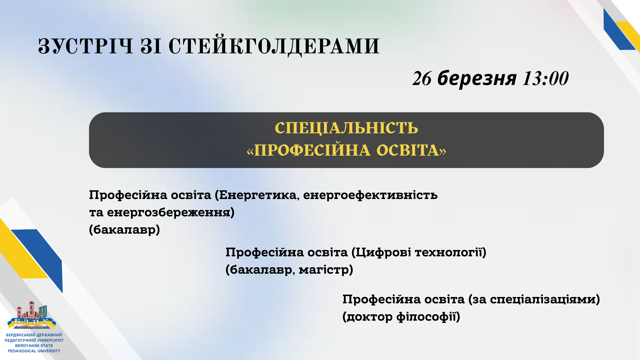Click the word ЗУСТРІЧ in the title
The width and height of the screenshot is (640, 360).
pyautogui.click(x=86, y=46)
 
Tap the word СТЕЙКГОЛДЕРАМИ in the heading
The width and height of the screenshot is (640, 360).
pyautogui.click(x=274, y=46)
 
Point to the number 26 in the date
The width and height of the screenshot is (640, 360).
pyautogui.click(x=422, y=79)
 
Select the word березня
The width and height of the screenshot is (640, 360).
pyautogui.click(x=477, y=78)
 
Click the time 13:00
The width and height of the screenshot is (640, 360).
pyautogui.click(x=545, y=79)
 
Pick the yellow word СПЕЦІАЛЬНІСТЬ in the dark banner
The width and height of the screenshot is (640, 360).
pyautogui.click(x=346, y=128)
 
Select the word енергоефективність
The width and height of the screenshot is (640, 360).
pyautogui.click(x=370, y=195)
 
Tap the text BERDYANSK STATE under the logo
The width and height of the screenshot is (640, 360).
pyautogui.click(x=34, y=346)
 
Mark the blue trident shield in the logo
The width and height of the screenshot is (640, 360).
pyautogui.click(x=43, y=312)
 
